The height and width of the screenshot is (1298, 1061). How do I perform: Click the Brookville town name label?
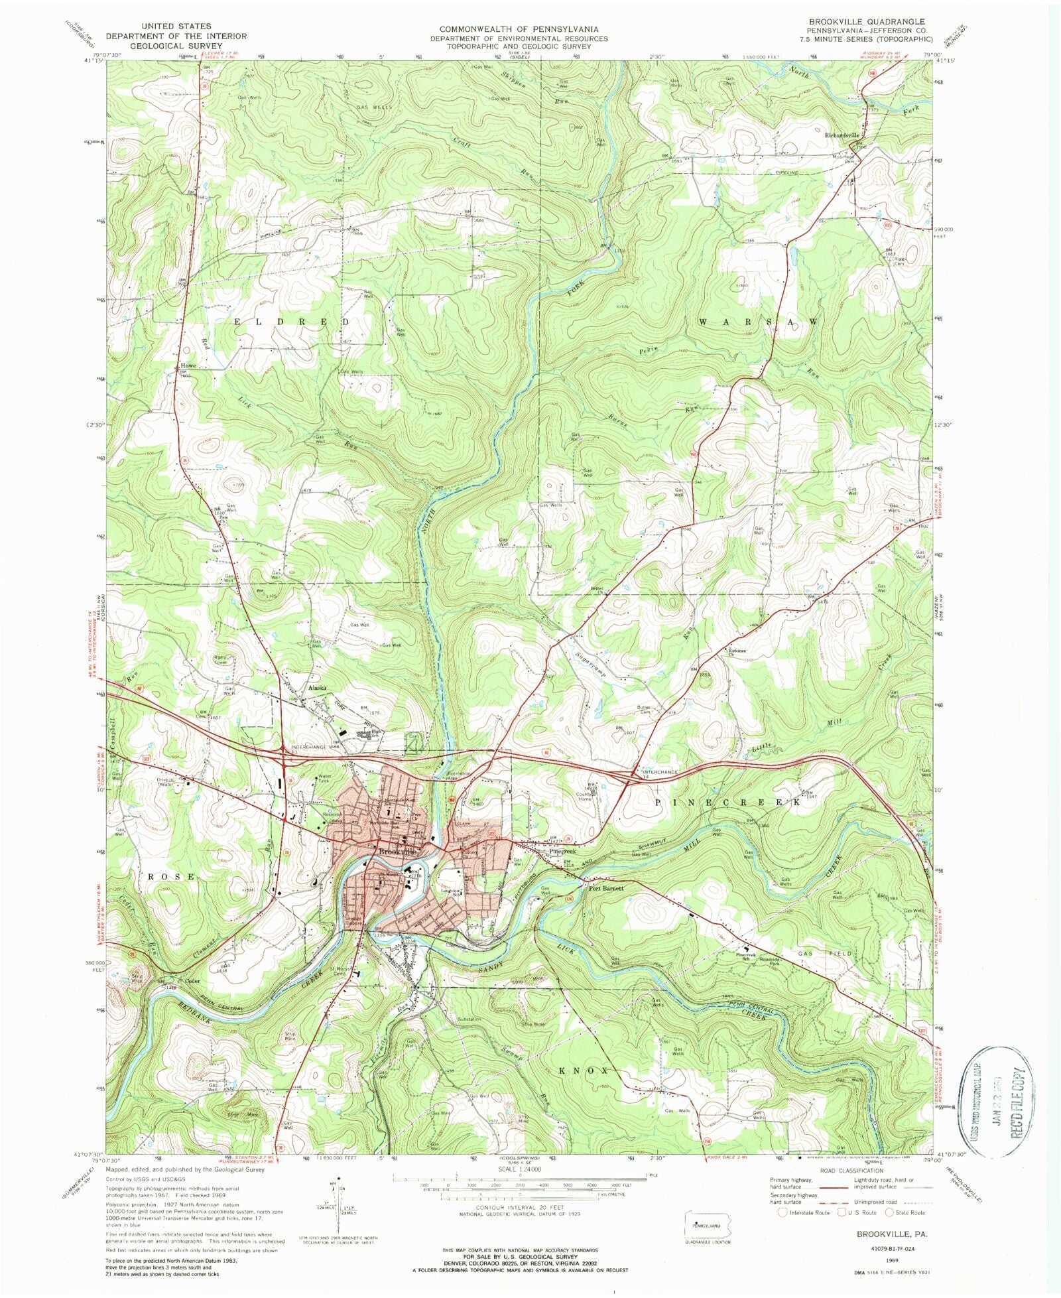pyautogui.click(x=397, y=851)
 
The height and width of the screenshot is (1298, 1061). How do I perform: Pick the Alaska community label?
pyautogui.click(x=316, y=688)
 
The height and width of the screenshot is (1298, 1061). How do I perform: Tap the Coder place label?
pyautogui.click(x=192, y=982)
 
